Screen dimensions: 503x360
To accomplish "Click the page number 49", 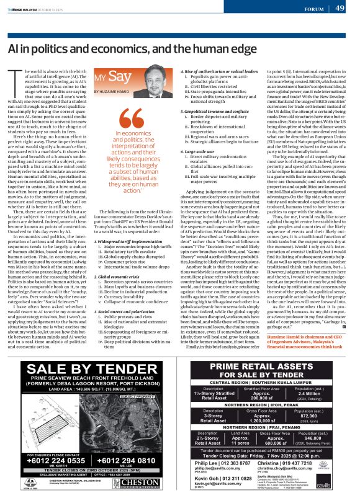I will tap(340, 8).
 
